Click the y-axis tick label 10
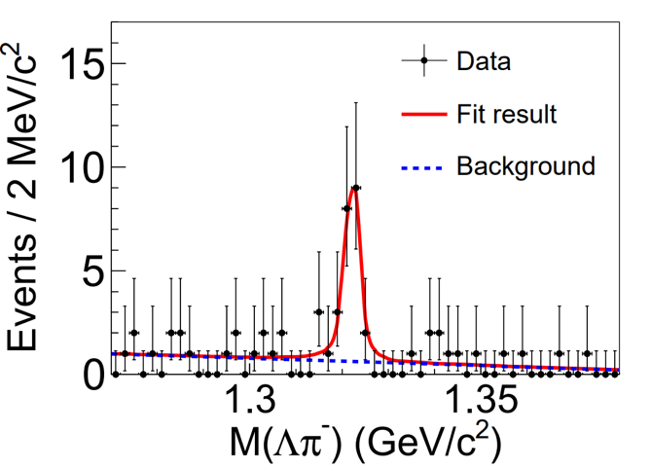[79, 167]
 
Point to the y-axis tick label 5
[90, 270]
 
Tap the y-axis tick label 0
[90, 374]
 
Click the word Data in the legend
[484, 61]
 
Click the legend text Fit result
[506, 114]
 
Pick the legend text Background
[525, 166]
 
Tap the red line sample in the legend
[422, 115]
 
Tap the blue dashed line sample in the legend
[422, 167]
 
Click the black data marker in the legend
[423, 61]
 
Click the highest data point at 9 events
[356, 188]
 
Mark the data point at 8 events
[346, 208]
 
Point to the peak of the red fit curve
[355, 187]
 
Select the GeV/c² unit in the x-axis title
[431, 444]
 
